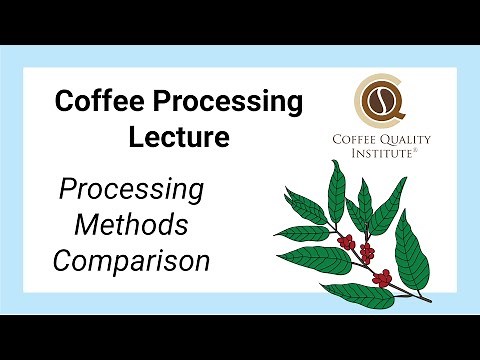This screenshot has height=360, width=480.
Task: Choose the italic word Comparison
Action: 132,262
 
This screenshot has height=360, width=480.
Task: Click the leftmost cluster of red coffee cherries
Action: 346,241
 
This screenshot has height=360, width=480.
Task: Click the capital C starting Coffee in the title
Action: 65,102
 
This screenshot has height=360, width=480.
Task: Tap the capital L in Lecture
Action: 137,138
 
